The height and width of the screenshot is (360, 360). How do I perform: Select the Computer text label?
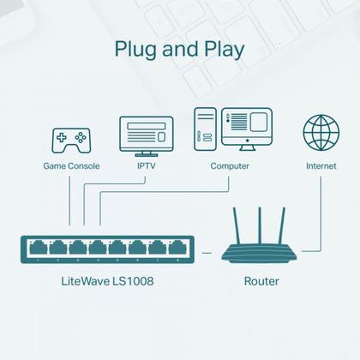(x=229, y=165)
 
